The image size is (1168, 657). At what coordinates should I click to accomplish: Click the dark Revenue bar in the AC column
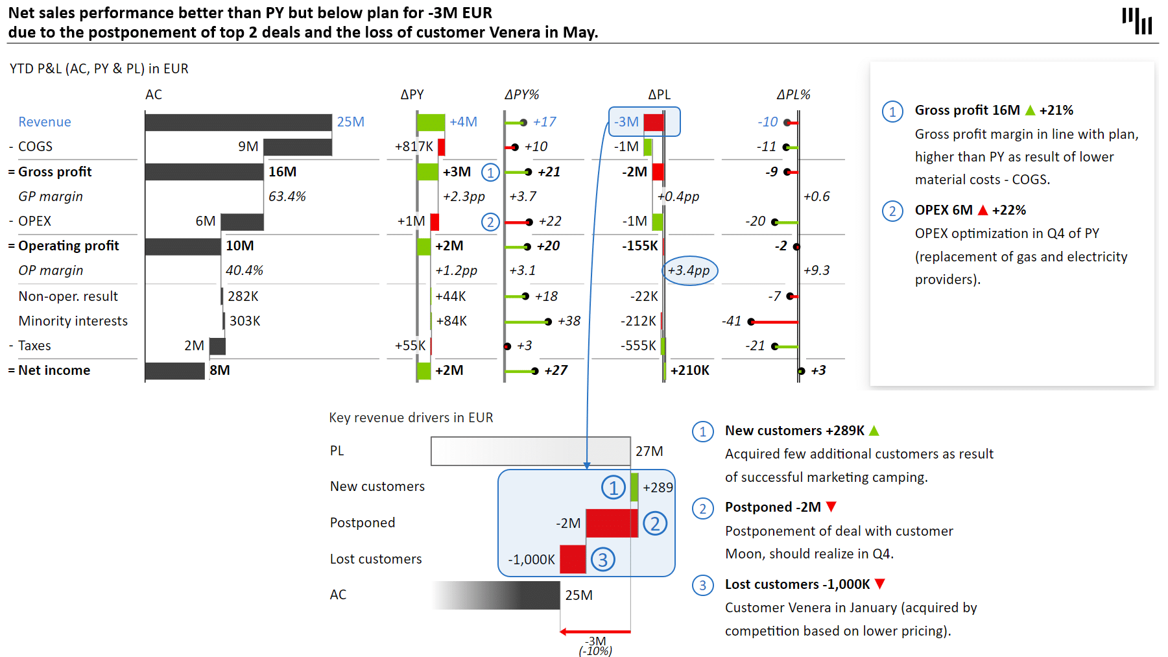tap(238, 122)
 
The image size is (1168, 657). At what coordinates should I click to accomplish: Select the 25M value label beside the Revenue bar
tap(350, 122)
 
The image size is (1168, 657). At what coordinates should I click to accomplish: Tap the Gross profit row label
tap(55, 172)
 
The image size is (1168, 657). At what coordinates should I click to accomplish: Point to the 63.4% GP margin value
tap(287, 197)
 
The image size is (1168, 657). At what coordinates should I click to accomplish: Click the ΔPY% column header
tap(521, 95)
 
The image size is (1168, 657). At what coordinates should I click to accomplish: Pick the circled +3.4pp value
tap(689, 270)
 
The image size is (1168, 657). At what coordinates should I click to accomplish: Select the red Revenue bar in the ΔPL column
tap(654, 122)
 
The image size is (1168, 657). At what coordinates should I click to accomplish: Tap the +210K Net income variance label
tap(690, 370)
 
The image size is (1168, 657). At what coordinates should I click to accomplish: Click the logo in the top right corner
tap(1137, 21)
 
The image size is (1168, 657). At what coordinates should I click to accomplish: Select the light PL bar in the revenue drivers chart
tap(530, 451)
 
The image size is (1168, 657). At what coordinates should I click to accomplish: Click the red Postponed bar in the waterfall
tap(612, 523)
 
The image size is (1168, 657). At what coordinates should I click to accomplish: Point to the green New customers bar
tap(634, 487)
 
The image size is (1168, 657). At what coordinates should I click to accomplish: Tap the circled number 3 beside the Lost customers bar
tap(603, 560)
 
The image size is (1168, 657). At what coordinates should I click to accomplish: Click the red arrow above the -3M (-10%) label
tap(595, 631)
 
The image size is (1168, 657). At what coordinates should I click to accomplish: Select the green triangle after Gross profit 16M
tap(1030, 110)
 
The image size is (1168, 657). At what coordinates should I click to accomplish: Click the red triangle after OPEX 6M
tap(983, 210)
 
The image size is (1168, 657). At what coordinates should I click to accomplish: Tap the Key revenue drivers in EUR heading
tap(411, 418)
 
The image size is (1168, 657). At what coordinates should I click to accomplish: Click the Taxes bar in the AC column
tap(217, 346)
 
